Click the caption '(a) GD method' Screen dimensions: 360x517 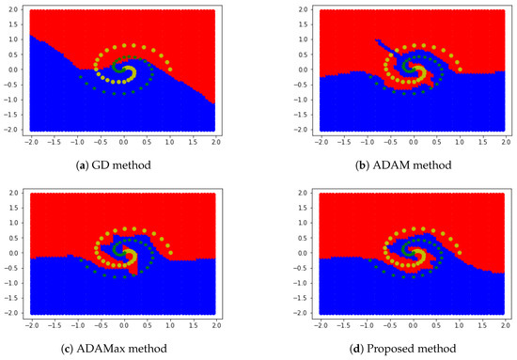tap(122, 165)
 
